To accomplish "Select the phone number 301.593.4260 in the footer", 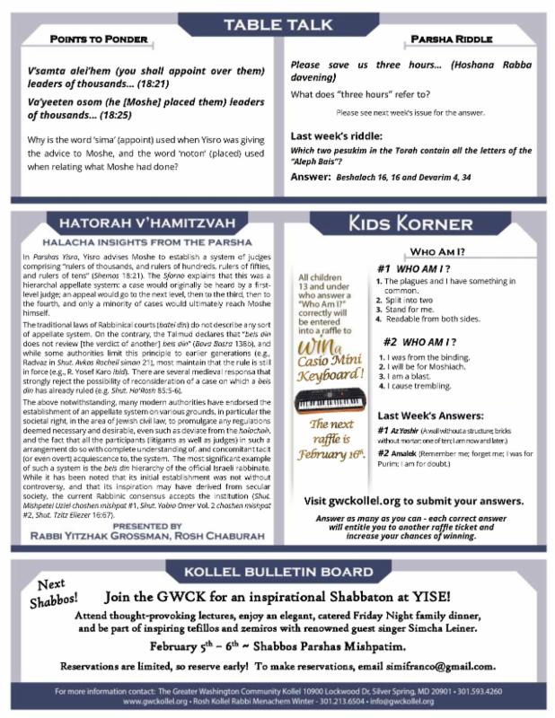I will pyautogui.click(x=475, y=691).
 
